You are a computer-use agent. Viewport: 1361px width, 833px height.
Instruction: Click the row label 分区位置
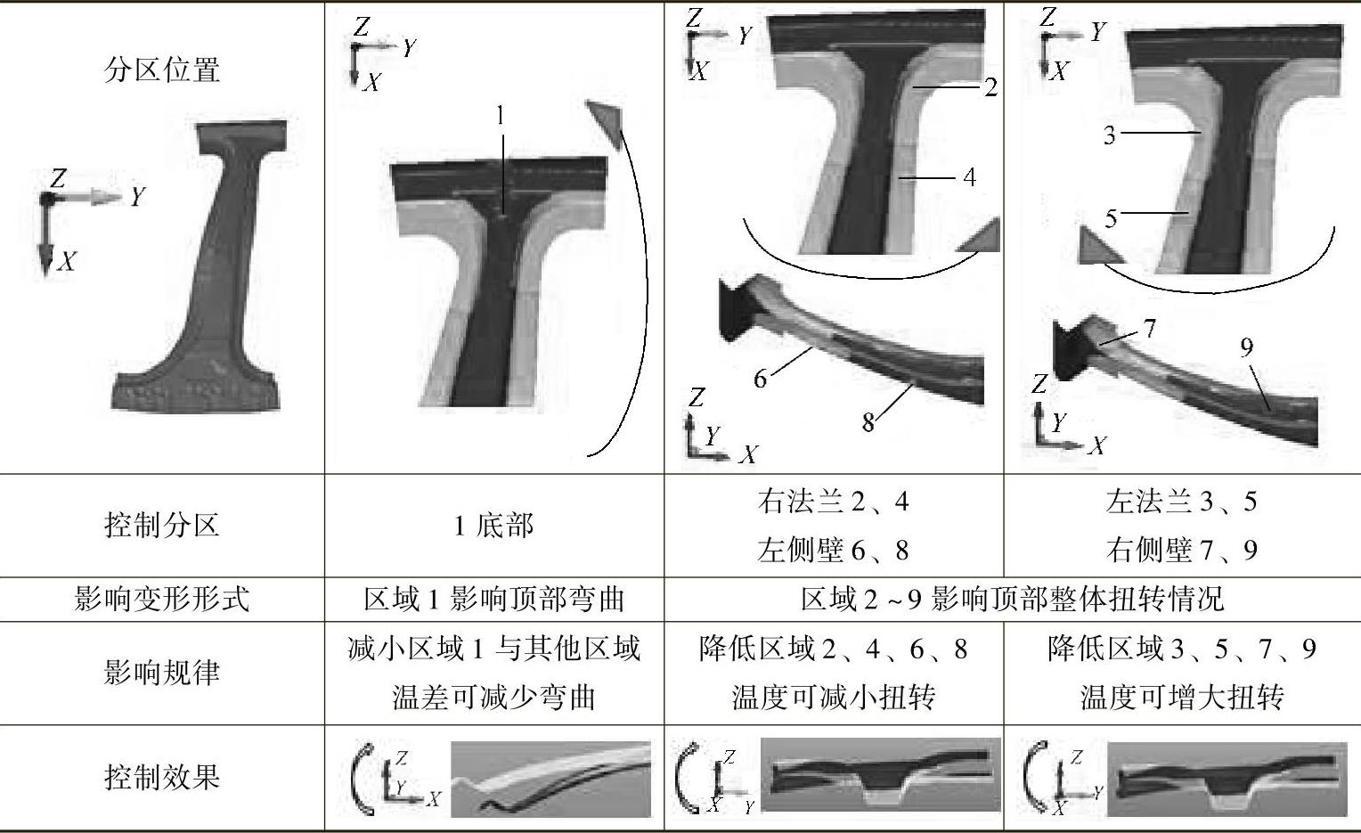pos(162,69)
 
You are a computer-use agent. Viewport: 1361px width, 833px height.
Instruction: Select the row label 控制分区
pos(162,525)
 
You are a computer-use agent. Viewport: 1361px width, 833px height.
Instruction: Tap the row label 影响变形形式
pos(162,599)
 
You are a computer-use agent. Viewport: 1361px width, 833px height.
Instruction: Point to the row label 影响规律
pos(162,673)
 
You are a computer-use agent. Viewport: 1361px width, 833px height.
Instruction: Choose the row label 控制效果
pos(162,777)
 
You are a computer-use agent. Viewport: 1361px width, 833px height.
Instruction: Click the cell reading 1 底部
pos(493,526)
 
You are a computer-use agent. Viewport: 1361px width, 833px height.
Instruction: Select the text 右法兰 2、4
pos(833,502)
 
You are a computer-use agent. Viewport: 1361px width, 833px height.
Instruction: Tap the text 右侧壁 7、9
pos(1181,550)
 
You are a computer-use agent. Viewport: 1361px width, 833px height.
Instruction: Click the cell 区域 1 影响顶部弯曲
pos(493,599)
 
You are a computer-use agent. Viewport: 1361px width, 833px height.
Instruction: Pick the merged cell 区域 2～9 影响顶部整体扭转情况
pos(1012,599)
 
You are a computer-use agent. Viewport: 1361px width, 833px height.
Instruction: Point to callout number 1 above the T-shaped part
pos(501,115)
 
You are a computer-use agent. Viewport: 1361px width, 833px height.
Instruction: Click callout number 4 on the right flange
pos(969,177)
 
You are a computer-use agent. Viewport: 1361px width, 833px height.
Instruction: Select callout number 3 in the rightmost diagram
pos(1109,135)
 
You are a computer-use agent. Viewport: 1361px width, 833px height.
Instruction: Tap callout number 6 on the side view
pos(760,379)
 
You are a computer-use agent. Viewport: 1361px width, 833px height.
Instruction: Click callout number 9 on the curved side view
pos(1246,347)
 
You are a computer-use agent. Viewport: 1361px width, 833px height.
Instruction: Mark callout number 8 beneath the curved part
pos(868,422)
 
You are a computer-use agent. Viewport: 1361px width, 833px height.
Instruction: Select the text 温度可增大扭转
pos(1181,697)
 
